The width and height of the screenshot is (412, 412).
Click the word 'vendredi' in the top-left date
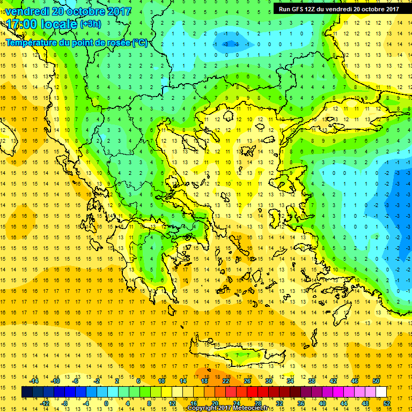click(27, 11)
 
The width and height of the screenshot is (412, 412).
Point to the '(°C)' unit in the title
click(139, 42)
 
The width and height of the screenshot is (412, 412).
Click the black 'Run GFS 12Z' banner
click(339, 9)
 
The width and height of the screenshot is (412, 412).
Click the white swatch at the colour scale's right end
click(381, 392)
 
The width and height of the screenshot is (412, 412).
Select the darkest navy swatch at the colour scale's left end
click(27, 392)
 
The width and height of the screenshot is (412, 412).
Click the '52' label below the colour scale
click(387, 403)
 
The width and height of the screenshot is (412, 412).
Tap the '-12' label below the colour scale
click(45, 403)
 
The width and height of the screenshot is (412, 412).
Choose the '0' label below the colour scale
click(106, 403)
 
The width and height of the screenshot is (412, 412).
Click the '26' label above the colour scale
click(247, 381)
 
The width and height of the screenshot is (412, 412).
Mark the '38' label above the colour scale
click(311, 381)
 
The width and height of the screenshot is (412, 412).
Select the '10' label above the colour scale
click(161, 381)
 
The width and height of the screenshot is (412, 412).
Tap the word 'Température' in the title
click(32, 42)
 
